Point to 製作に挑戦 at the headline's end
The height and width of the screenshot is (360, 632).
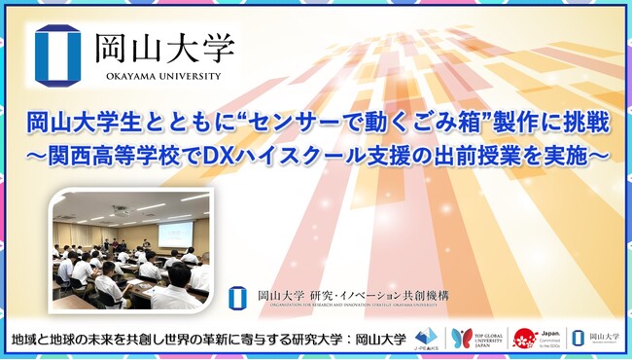click(541, 123)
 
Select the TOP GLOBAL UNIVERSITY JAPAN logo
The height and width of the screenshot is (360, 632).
click(474, 338)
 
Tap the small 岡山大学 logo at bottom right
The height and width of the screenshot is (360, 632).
click(592, 338)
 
